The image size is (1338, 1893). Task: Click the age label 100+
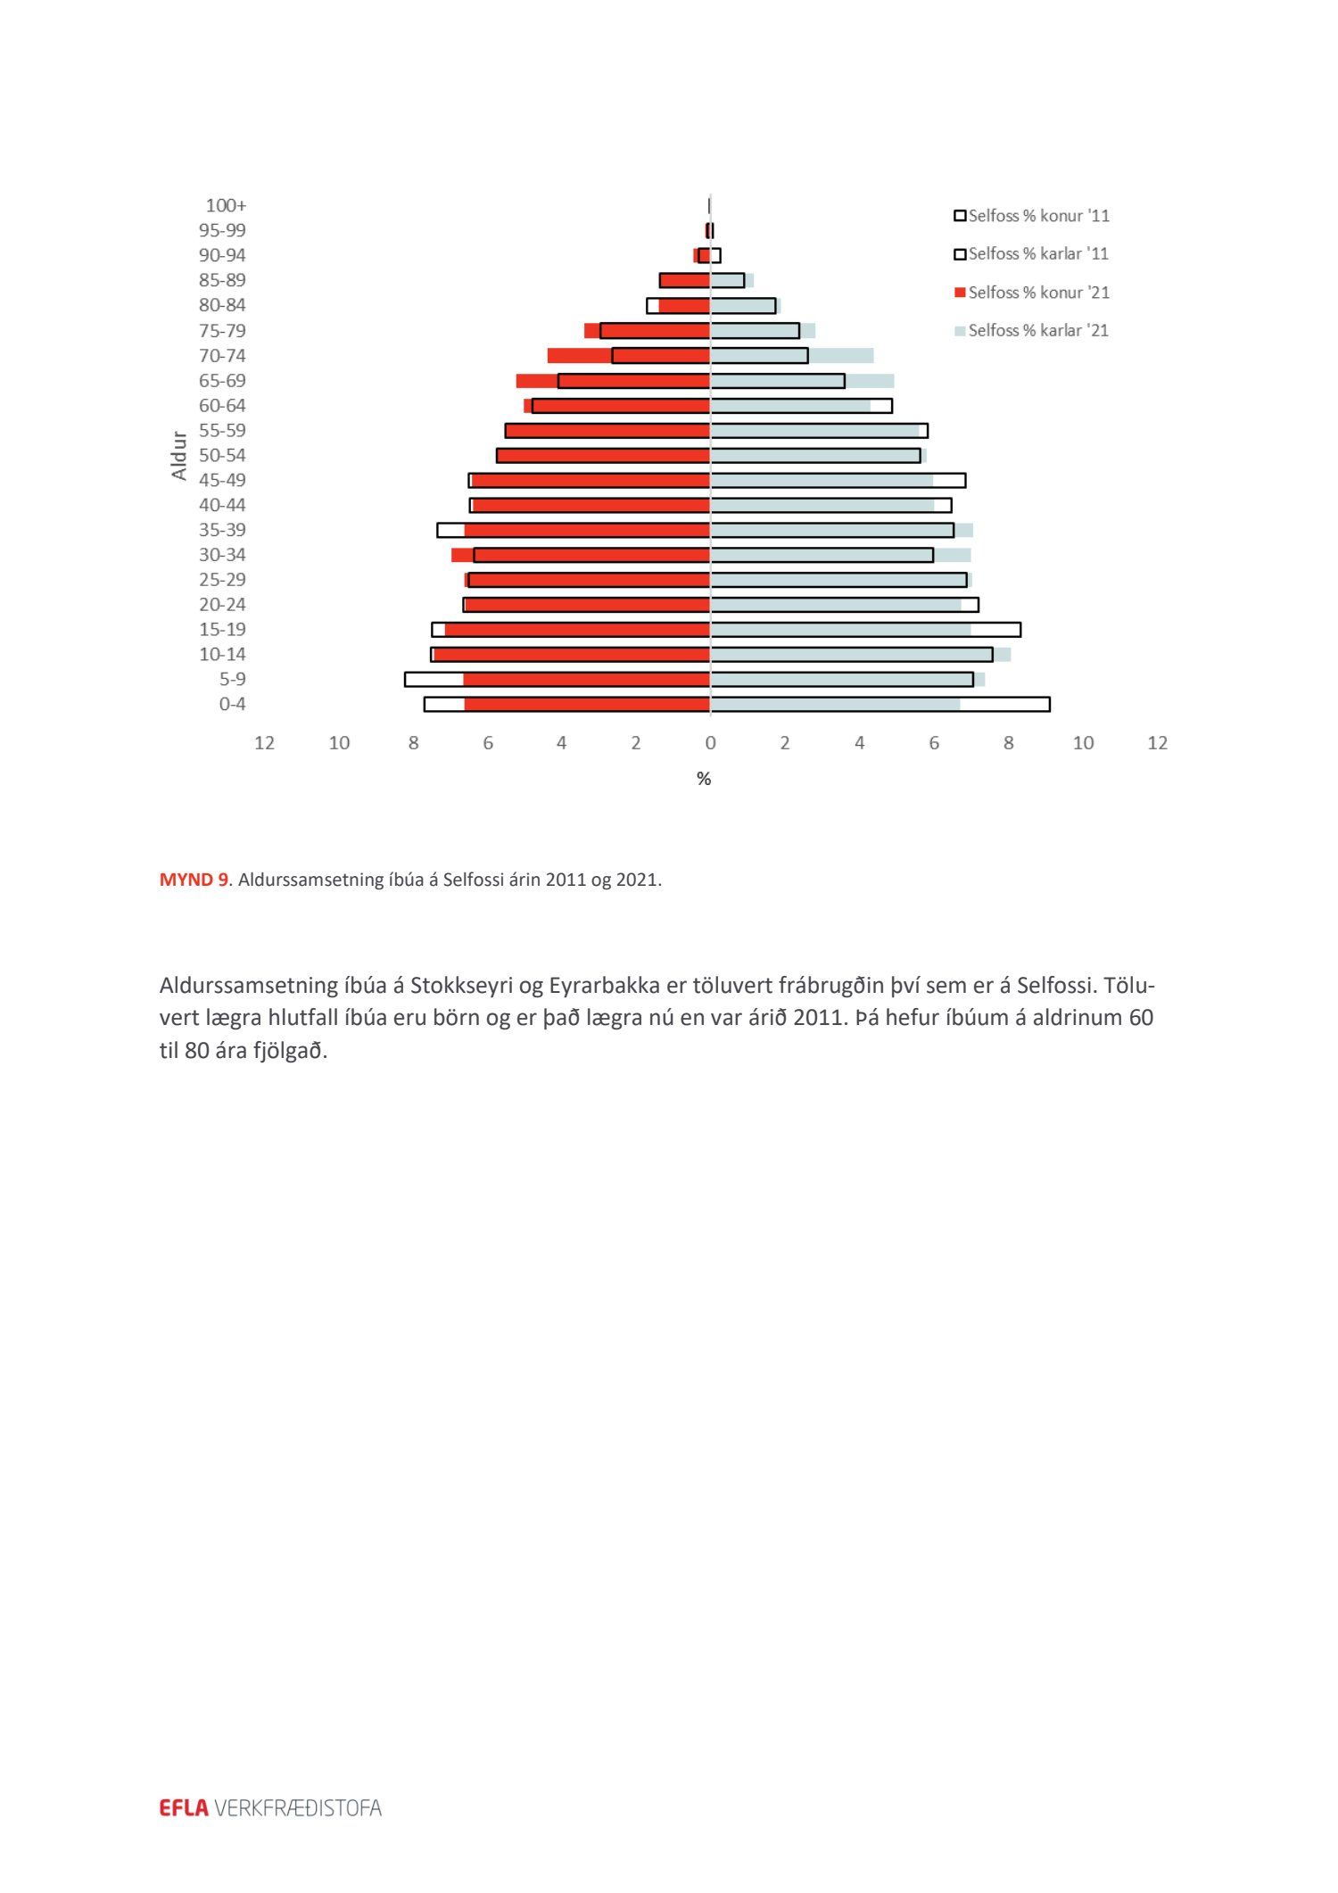point(226,205)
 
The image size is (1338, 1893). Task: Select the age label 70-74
point(222,355)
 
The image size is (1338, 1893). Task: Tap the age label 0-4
point(232,704)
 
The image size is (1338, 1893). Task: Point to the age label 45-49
point(222,480)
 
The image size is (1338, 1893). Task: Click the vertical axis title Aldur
point(179,456)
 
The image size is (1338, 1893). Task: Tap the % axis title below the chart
point(704,779)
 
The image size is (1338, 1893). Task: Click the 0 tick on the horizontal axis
point(710,743)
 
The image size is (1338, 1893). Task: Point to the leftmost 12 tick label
point(264,743)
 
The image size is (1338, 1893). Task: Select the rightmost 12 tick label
point(1157,743)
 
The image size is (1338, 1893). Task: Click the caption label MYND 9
point(194,880)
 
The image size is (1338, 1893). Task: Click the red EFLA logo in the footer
point(184,1808)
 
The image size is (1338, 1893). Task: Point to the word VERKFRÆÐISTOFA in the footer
point(298,1808)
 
